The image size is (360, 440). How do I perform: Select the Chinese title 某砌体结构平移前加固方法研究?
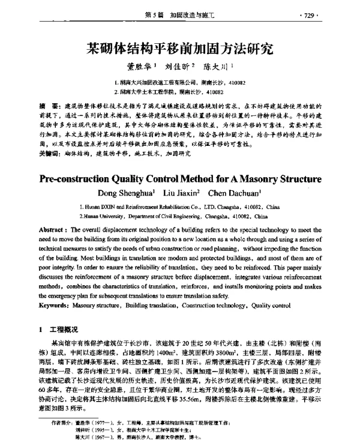pos(180,47)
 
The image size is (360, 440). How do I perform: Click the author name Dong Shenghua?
pos(130,193)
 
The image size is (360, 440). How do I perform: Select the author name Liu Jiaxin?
pos(182,193)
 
